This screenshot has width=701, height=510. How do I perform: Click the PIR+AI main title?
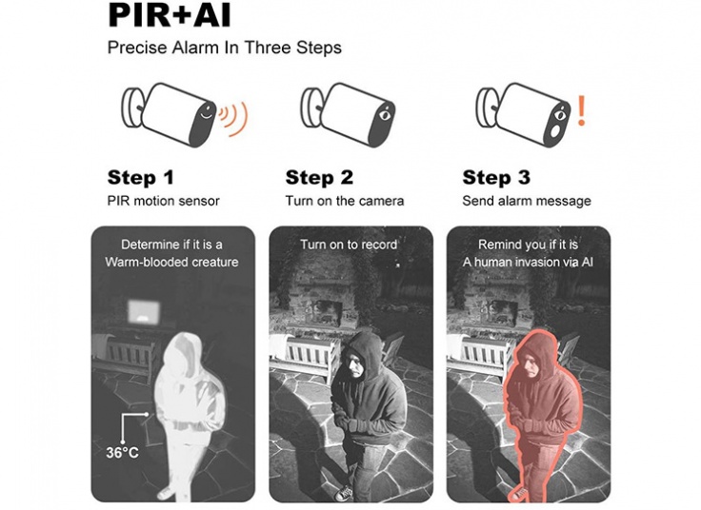click(x=170, y=15)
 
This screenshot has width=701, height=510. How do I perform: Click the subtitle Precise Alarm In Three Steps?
click(x=225, y=48)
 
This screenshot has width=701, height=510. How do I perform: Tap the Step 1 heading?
click(x=140, y=177)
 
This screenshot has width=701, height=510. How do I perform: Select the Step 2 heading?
click(x=319, y=177)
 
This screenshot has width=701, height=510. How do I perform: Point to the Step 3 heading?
click(x=496, y=177)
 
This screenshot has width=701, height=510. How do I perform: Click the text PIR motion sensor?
click(x=163, y=201)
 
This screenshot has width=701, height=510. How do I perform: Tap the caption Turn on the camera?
click(x=344, y=201)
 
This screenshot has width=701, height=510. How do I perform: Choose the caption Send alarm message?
click(x=527, y=202)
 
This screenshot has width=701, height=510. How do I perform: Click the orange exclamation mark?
click(x=581, y=110)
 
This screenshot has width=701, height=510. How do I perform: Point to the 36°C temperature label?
click(x=122, y=452)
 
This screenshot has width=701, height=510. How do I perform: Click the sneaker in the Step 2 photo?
click(x=343, y=493)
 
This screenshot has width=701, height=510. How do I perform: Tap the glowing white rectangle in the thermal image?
click(x=144, y=312)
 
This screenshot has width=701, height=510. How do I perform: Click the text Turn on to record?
click(x=349, y=245)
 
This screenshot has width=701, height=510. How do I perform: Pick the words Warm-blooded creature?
click(x=171, y=262)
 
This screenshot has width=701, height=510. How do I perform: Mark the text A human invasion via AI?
click(x=528, y=262)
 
